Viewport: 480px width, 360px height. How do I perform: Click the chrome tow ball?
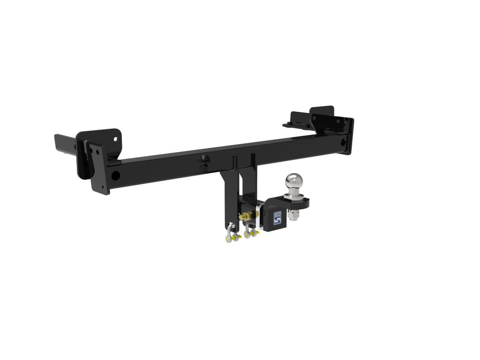(293, 181)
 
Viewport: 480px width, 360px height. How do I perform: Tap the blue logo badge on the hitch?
(277, 217)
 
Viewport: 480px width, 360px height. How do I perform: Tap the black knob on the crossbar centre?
(204, 158)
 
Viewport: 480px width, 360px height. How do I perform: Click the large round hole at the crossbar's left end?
(116, 175)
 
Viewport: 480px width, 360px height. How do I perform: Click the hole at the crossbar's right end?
(343, 142)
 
